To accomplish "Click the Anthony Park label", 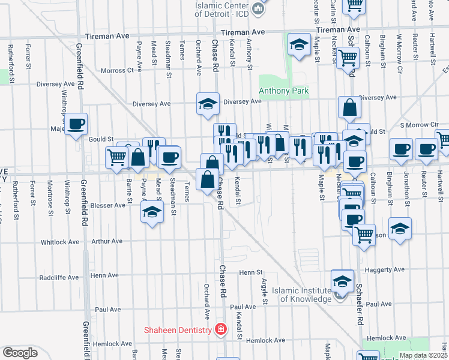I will coord(283,91).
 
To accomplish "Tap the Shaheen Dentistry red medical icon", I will coord(221,329).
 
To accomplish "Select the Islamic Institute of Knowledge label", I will coord(301,295).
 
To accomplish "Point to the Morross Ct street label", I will coord(117,70).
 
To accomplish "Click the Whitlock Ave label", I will coord(60,242).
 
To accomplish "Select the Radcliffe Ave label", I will coord(59,278).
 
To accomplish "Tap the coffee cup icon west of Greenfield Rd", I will coord(76,124).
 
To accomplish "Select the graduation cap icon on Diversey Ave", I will coord(208,104).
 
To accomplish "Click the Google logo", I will coord(20,352).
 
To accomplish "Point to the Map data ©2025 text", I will coord(423,355).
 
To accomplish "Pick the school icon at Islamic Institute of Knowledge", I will coord(342,281).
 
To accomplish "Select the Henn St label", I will coord(247,272).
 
